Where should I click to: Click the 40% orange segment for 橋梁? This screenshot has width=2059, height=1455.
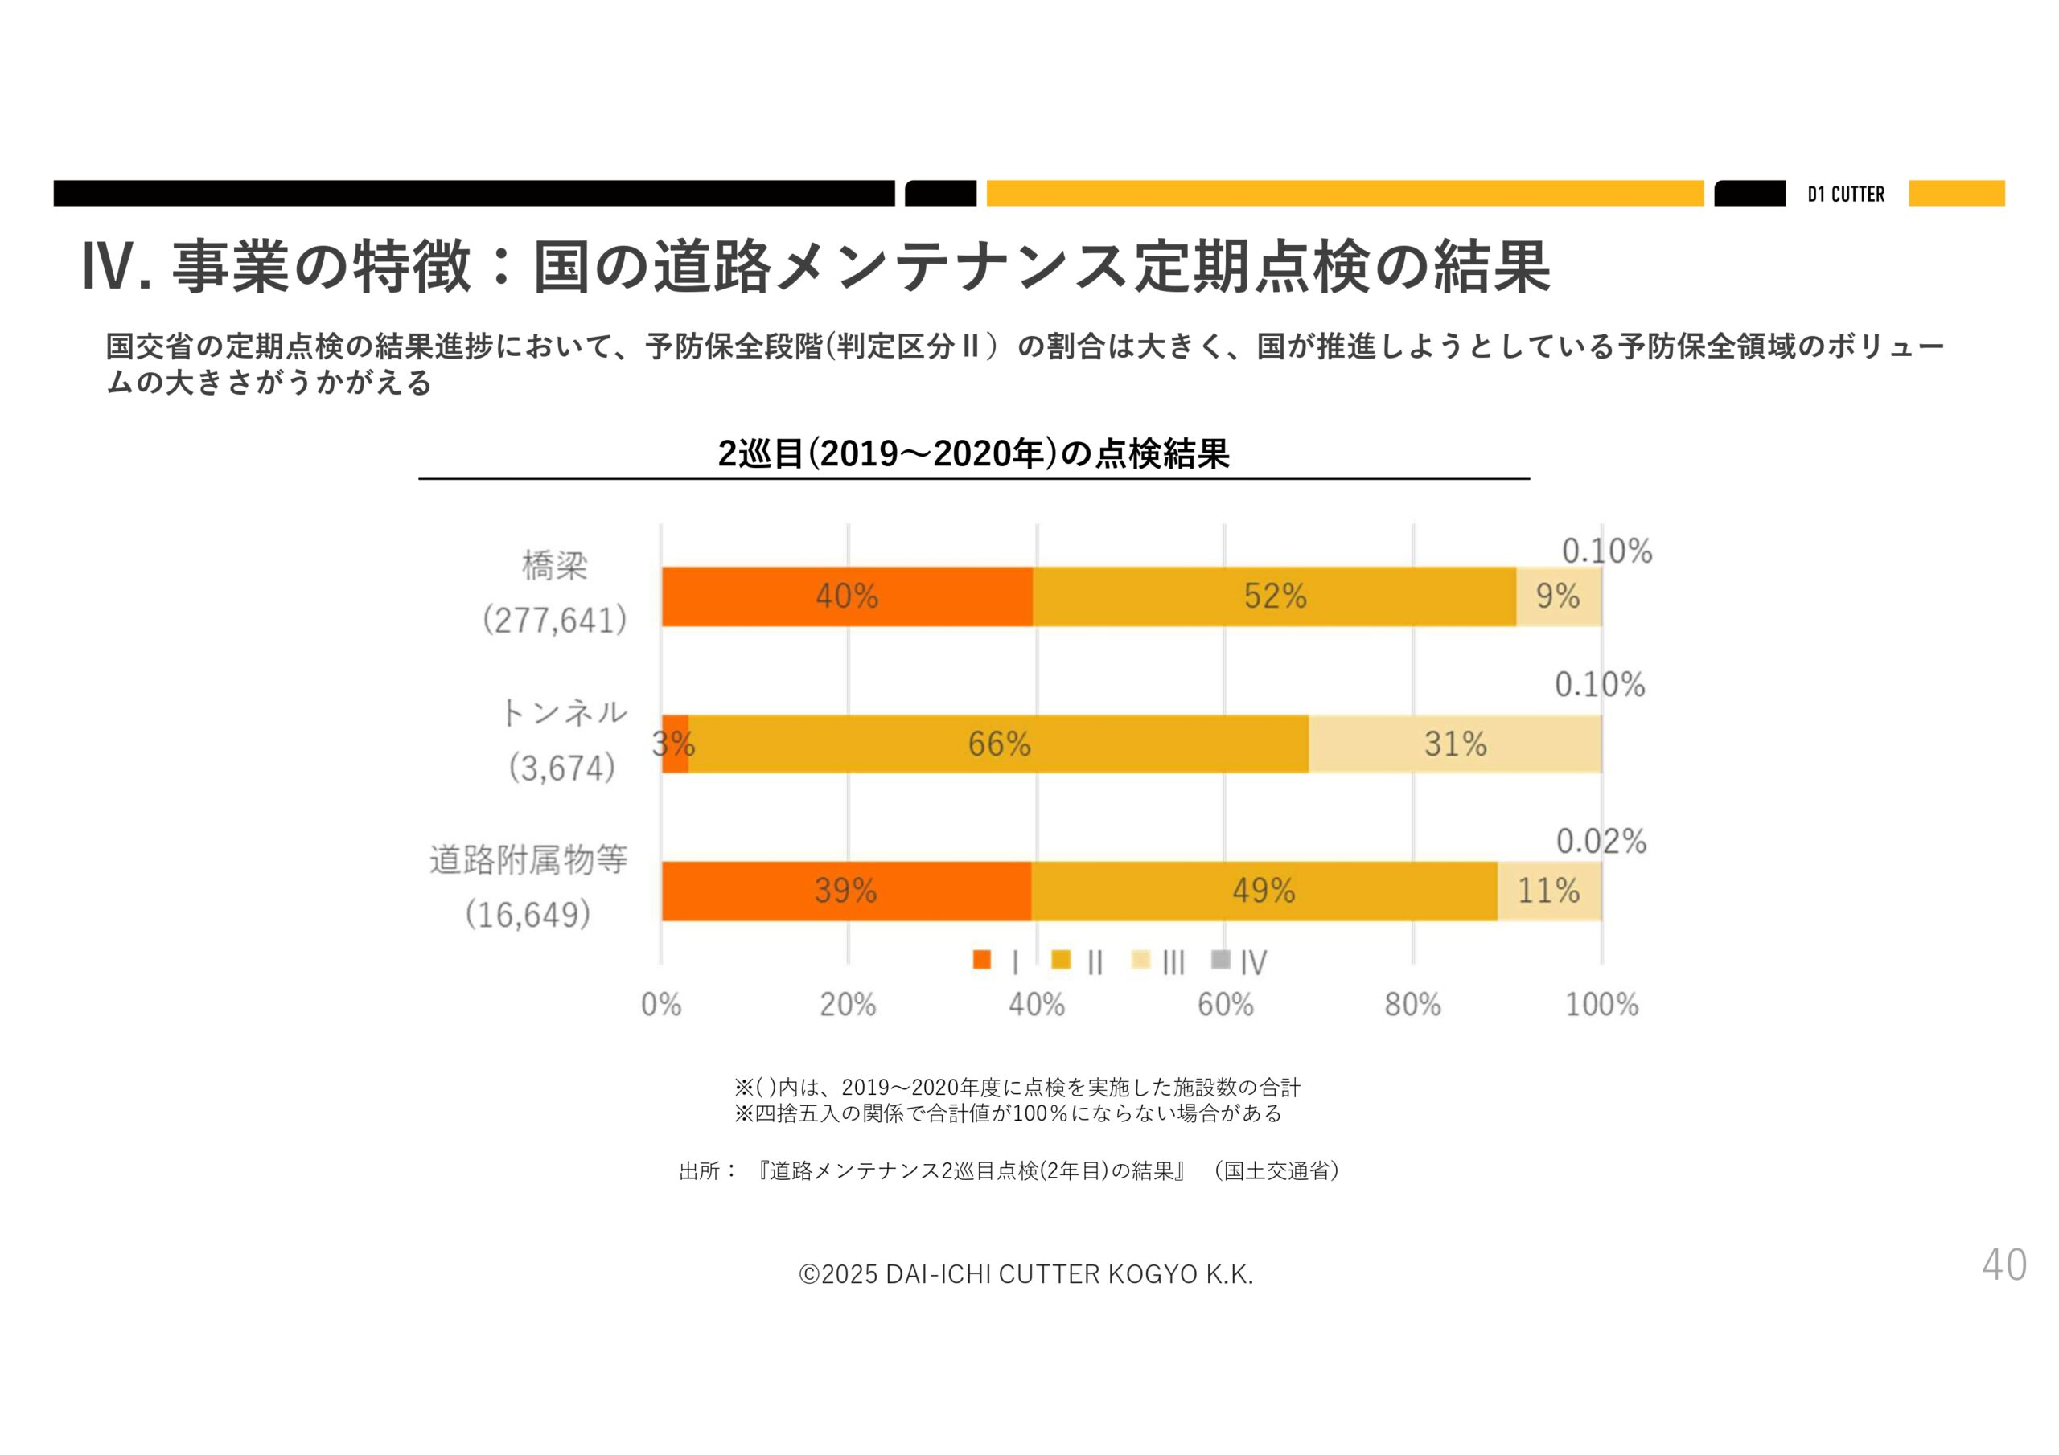click(847, 596)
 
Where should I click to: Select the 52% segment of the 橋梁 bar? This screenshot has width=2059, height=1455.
click(1274, 596)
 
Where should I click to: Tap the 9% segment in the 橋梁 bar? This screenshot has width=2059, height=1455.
click(1558, 596)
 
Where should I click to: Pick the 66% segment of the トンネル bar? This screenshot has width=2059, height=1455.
click(998, 744)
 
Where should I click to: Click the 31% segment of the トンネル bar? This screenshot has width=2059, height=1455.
click(1455, 744)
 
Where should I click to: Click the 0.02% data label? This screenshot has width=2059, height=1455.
click(1601, 842)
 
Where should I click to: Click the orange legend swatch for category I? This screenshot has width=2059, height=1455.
click(982, 960)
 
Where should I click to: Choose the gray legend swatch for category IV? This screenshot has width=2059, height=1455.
click(1220, 960)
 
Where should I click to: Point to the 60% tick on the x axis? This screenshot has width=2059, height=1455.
click(1225, 1005)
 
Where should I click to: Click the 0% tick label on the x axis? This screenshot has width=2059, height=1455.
click(661, 1005)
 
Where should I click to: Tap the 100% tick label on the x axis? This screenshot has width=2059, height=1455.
click(1601, 1005)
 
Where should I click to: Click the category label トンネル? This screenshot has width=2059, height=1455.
click(563, 714)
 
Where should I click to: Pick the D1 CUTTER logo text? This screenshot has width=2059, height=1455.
click(1846, 195)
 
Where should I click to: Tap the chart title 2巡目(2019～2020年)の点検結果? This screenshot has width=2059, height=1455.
click(973, 453)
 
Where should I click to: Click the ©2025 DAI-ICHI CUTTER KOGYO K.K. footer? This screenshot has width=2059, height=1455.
click(1026, 1274)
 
